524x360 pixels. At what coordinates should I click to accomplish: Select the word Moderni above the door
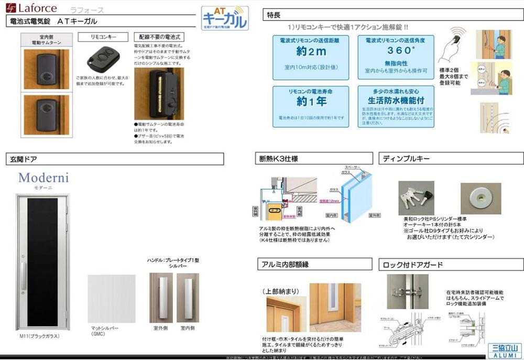point(43,178)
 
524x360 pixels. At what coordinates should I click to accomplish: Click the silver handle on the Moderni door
point(23,275)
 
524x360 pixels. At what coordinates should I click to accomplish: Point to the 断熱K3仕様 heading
point(279,159)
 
